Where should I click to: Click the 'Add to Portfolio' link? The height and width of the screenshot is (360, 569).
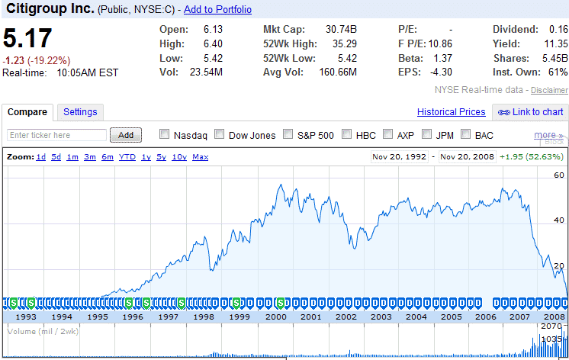tap(217, 9)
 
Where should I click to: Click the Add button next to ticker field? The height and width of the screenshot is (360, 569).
tap(126, 135)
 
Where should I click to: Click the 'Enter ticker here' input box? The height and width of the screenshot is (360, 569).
tap(57, 135)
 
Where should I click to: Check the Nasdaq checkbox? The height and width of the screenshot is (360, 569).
tap(165, 135)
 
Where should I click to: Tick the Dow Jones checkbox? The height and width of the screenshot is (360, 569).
tap(220, 135)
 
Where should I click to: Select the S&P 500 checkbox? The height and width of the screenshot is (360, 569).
tap(288, 135)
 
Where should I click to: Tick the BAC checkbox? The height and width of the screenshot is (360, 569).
tap(465, 135)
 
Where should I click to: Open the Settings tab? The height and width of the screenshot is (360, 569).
tap(80, 112)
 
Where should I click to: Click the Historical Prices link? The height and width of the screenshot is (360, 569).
tap(452, 112)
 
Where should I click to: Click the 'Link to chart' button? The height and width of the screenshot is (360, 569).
tap(531, 112)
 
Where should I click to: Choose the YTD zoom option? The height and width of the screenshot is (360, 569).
tap(127, 157)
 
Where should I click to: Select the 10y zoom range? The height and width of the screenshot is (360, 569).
tap(179, 157)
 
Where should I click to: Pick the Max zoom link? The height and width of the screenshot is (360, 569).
tap(201, 157)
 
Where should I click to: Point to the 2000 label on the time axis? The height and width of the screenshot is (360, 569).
tap(275, 316)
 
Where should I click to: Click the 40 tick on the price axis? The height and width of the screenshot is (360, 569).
tap(559, 220)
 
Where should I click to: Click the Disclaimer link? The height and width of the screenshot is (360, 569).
tap(549, 90)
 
